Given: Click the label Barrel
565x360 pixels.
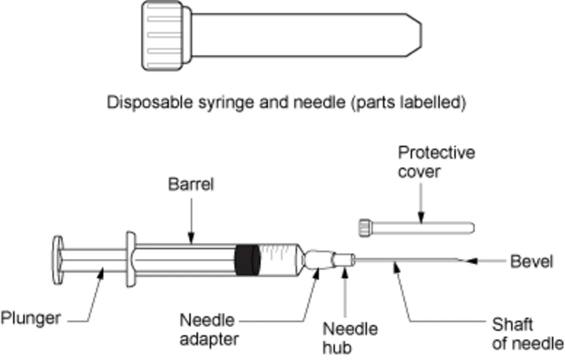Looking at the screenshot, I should pos(190,184).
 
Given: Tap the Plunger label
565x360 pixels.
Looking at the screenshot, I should pos(30,319).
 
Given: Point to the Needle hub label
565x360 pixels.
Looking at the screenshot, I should pos(350,338).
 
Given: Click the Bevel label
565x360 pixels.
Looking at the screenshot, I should pos(531,261).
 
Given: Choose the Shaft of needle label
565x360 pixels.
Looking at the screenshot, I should pos(527,333).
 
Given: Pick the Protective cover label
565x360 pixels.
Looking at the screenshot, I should pos(436,162).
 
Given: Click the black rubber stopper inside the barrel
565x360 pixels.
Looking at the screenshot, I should pos(246,260).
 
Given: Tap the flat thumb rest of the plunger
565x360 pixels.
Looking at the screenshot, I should pos(57,260).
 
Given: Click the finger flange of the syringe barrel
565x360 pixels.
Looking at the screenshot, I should pos(131,259).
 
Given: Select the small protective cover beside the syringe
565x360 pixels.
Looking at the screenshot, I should pos(416,227).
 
